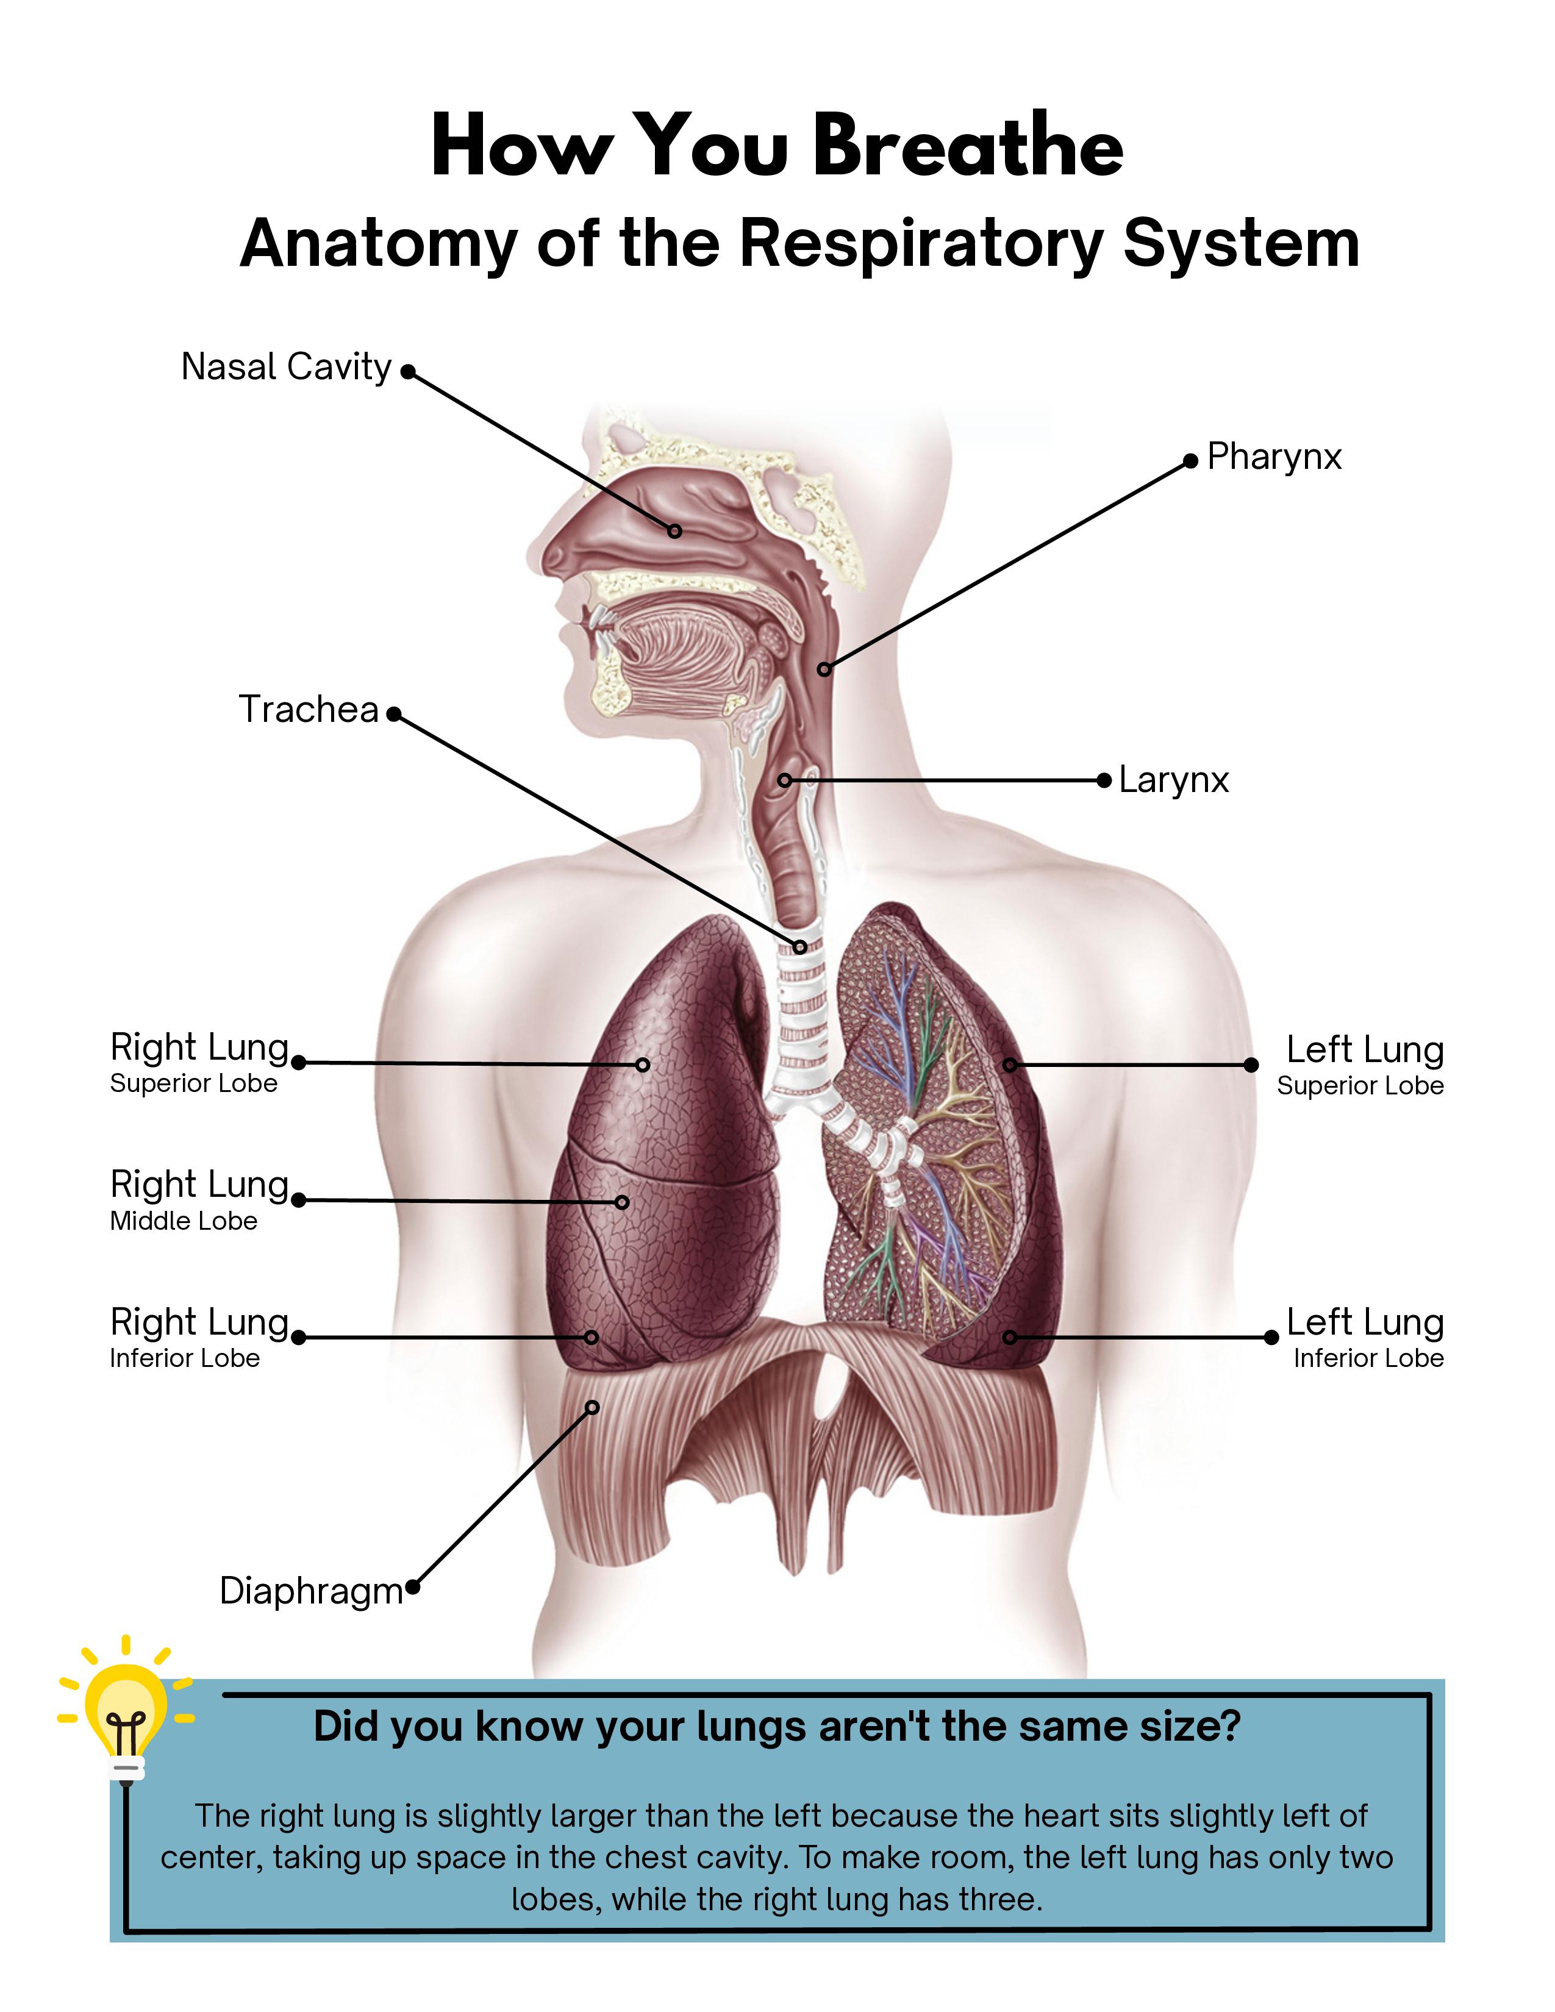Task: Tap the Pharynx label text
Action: (1274, 457)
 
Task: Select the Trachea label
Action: (309, 709)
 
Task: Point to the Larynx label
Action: (1174, 780)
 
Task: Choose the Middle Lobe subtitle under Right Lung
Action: (184, 1222)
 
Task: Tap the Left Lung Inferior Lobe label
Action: (1365, 1336)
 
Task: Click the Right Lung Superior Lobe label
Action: (199, 1062)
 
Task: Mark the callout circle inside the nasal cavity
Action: (675, 530)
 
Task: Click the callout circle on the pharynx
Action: (824, 669)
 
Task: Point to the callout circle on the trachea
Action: (799, 946)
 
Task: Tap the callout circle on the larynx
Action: (784, 780)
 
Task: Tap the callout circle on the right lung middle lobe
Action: (622, 1202)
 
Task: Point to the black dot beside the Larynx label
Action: (1104, 780)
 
